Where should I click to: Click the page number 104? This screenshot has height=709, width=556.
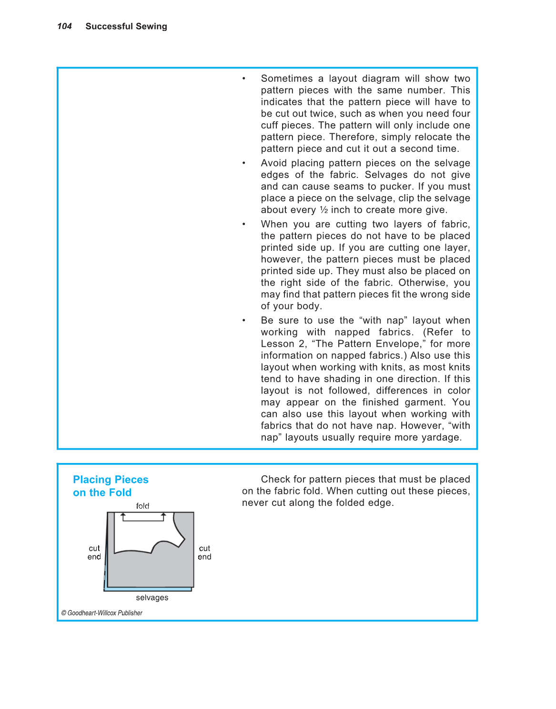[x=64, y=27]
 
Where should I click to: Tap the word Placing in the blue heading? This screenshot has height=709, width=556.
[x=92, y=480]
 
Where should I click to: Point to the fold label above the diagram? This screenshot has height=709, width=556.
[x=142, y=506]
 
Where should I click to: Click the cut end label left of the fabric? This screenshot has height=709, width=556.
[x=94, y=552]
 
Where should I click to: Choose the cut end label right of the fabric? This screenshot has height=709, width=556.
[x=204, y=552]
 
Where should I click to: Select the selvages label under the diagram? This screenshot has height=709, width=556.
[x=152, y=598]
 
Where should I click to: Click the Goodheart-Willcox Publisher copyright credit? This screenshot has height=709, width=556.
[x=102, y=613]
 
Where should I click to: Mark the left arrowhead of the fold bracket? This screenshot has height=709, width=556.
[x=123, y=515]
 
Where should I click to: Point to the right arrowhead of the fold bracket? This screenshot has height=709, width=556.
[x=163, y=515]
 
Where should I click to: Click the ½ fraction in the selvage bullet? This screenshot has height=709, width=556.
[x=324, y=210]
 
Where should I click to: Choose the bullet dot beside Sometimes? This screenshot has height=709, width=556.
[x=244, y=79]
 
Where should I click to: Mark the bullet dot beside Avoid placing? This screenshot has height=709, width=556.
[x=244, y=163]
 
